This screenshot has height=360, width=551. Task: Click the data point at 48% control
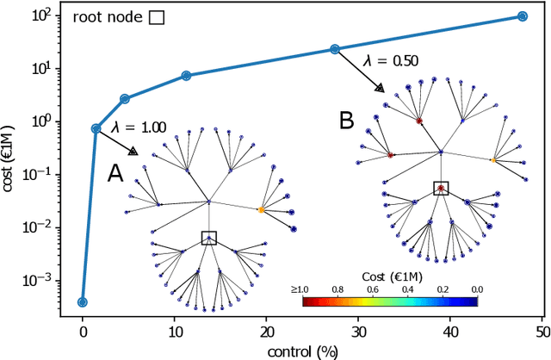(523, 16)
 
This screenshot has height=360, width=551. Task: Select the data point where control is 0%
(83, 302)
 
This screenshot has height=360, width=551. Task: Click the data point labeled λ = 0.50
(335, 49)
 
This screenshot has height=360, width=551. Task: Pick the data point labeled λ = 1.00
(96, 128)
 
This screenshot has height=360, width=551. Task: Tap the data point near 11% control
(186, 76)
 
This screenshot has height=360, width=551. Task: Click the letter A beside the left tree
(115, 175)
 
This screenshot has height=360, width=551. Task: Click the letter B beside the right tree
(346, 121)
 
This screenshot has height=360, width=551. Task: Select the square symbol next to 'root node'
(157, 16)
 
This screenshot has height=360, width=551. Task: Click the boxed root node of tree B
(441, 188)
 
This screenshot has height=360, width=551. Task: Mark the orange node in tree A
(261, 209)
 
